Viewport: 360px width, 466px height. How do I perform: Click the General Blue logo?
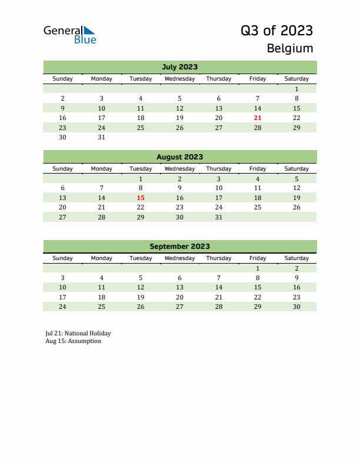pyautogui.click(x=69, y=35)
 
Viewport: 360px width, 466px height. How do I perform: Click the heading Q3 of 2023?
pyautogui.click(x=276, y=31)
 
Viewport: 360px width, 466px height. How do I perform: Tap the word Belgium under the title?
pyautogui.click(x=290, y=48)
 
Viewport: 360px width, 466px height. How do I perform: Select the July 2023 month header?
pyautogui.click(x=179, y=66)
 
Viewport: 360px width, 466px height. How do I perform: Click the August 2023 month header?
pyautogui.click(x=179, y=157)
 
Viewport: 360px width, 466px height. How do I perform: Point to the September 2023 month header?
pyautogui.click(x=179, y=247)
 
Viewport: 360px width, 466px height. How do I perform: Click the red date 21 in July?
pyautogui.click(x=257, y=118)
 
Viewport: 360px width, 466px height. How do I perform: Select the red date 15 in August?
pyautogui.click(x=141, y=198)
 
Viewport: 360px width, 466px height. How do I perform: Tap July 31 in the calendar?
pyautogui.click(x=101, y=137)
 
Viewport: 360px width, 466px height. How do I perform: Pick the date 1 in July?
pyautogui.click(x=296, y=89)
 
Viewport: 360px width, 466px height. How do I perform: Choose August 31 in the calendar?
pyautogui.click(x=218, y=217)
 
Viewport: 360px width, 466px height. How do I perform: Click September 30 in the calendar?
pyautogui.click(x=296, y=307)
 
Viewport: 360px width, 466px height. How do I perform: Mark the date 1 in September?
pyautogui.click(x=257, y=268)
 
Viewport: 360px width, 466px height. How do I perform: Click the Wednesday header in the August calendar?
pyautogui.click(x=179, y=169)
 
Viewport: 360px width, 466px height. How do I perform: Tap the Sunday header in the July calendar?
pyautogui.click(x=63, y=79)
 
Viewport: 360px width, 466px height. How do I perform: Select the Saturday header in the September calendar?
pyautogui.click(x=296, y=258)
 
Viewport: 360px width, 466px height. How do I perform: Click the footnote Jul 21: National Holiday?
pyautogui.click(x=78, y=333)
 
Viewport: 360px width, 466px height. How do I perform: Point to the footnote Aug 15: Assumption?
pyautogui.click(x=73, y=341)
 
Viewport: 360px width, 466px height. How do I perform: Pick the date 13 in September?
pyautogui.click(x=179, y=288)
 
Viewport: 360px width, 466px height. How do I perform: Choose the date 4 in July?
pyautogui.click(x=141, y=98)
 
